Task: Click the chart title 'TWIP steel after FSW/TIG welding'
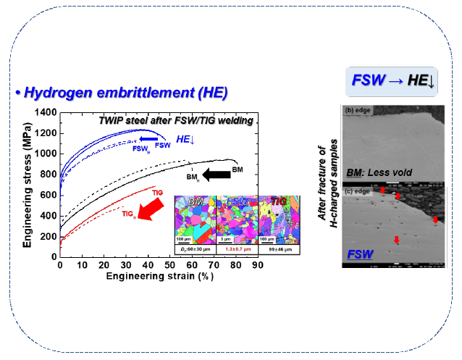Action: [x=175, y=120]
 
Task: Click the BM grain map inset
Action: [x=196, y=219]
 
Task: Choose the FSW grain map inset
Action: [x=237, y=219]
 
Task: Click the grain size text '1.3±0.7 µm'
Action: [x=237, y=248]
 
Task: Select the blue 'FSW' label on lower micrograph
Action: [x=359, y=255]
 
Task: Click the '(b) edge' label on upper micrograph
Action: [x=358, y=110]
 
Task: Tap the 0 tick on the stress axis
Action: [x=54, y=256]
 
